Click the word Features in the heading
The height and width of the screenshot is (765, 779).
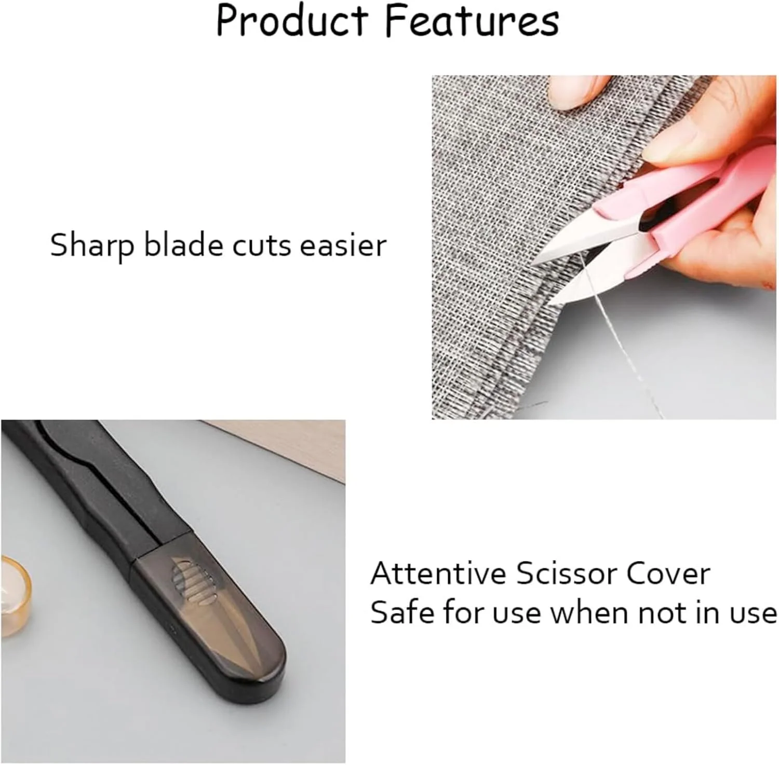click(472, 21)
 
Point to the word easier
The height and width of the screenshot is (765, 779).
click(344, 244)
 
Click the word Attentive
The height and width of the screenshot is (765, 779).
click(438, 573)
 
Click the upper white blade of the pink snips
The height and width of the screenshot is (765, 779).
click(587, 241)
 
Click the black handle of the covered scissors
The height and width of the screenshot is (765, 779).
click(93, 493)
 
